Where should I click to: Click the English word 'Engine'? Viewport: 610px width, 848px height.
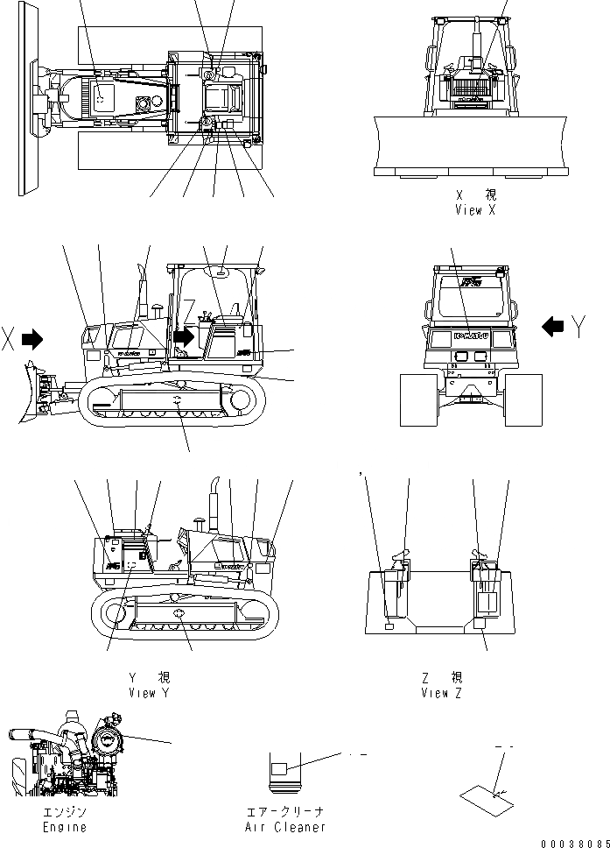66,827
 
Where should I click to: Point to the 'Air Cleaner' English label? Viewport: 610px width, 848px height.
286,827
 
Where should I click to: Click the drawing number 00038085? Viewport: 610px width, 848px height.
573,843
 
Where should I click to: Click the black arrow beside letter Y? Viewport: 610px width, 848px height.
552,327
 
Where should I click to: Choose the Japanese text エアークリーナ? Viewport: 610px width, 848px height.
286,812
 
